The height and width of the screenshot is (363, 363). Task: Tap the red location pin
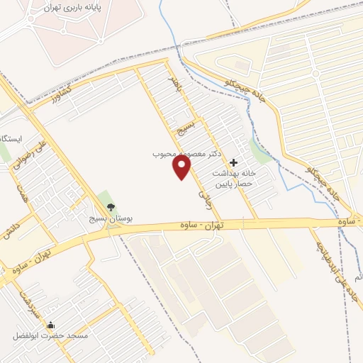(x=183, y=167)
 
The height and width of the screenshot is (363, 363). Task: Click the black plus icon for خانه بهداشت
(x=234, y=162)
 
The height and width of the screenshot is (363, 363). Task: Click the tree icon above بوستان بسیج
(x=111, y=207)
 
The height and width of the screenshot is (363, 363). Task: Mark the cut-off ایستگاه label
(x=13, y=138)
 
